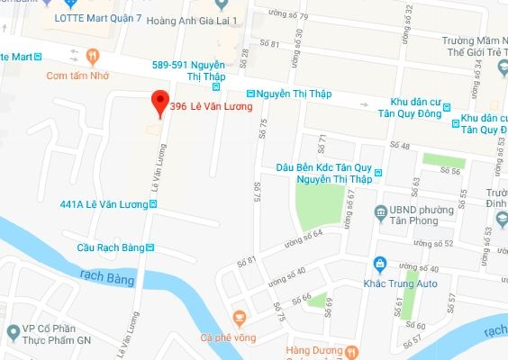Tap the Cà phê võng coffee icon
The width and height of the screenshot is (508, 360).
click(x=239, y=317)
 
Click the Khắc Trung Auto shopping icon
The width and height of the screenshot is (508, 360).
click(x=380, y=264)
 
